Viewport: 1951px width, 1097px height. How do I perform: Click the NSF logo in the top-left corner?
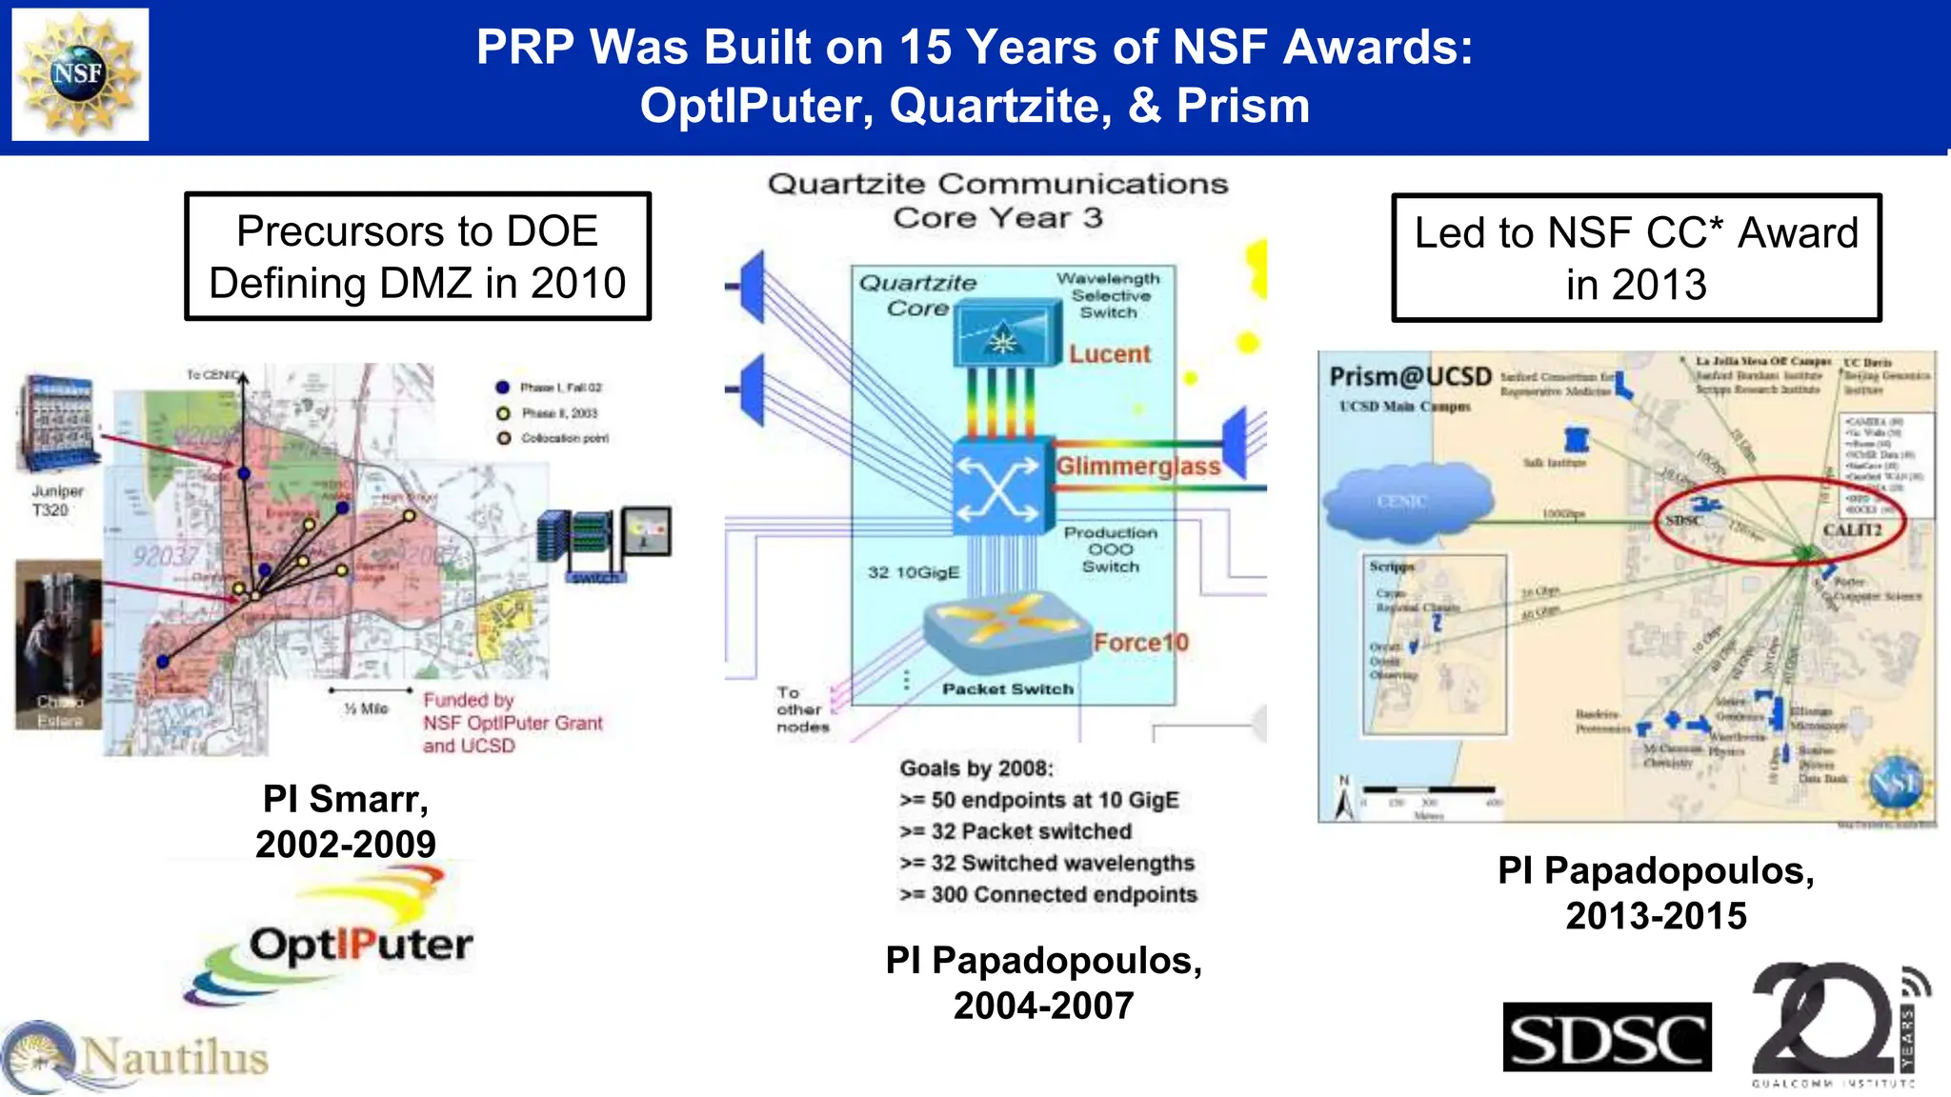[80, 74]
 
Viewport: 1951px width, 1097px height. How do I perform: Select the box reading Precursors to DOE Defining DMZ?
[417, 257]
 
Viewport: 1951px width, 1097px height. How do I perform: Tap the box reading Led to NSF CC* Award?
[1636, 258]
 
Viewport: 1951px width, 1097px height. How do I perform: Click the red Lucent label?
[1109, 354]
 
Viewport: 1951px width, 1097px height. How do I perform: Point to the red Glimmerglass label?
[1137, 466]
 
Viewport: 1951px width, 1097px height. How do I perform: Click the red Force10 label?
[1140, 643]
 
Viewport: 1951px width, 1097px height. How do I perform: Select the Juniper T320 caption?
[56, 501]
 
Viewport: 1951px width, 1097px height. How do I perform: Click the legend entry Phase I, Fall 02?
[560, 388]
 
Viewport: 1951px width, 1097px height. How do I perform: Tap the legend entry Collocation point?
[563, 438]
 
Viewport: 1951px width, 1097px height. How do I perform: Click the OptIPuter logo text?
[360, 945]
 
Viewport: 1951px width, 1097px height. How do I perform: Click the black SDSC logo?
[1606, 1037]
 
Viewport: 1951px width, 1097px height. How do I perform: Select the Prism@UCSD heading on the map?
[1410, 377]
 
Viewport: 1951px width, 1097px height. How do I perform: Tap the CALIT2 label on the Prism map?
[1851, 530]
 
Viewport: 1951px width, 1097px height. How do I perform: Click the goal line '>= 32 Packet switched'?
[1016, 831]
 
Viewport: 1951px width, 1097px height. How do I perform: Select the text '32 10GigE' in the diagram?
[913, 572]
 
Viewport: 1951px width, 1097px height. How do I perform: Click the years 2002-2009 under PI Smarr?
[345, 845]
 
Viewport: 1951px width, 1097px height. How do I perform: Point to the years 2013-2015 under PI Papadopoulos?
[1656, 916]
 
